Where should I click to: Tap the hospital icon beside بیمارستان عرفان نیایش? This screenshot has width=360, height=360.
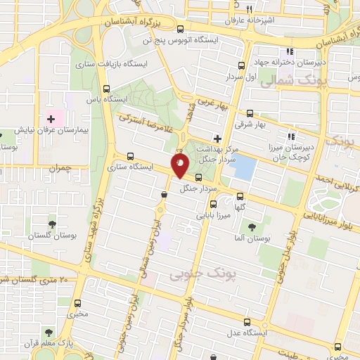(x=50, y=117)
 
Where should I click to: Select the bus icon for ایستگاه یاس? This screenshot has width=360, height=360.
(x=106, y=89)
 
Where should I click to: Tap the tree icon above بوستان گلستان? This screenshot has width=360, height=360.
(x=51, y=224)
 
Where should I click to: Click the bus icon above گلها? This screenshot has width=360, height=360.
(x=241, y=196)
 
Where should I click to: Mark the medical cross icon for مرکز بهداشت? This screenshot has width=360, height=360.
(x=219, y=138)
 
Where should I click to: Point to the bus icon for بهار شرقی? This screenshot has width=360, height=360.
(x=250, y=112)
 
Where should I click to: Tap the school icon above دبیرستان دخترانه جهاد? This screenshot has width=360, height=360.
(x=288, y=53)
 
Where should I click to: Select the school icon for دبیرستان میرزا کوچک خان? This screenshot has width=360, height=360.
(x=289, y=136)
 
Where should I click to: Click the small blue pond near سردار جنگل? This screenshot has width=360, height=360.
(x=243, y=167)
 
